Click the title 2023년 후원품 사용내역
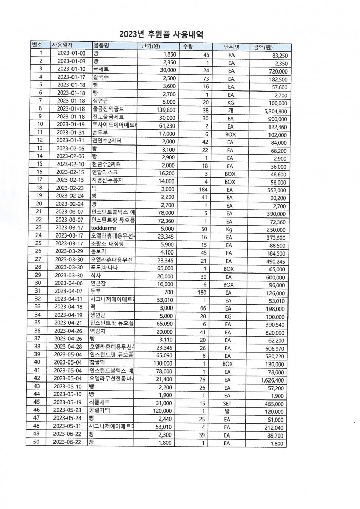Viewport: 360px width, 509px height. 161,35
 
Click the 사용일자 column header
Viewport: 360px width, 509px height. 63,45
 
